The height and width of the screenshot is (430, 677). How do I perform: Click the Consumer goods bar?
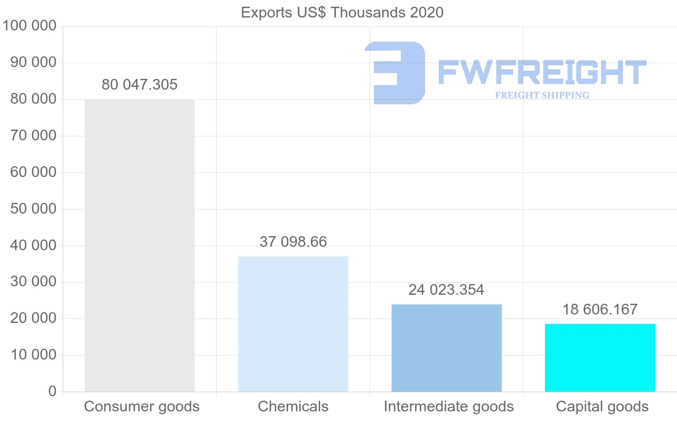[x=139, y=245]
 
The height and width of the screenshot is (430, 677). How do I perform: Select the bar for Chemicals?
[x=293, y=324]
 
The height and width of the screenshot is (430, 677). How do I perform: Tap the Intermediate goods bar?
[x=446, y=348]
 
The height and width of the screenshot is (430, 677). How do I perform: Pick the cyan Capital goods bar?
[x=600, y=357]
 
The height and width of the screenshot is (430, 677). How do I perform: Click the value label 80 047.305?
[x=139, y=85]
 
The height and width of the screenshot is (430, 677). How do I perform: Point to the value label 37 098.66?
[x=293, y=242]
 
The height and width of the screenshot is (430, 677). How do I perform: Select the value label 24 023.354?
[x=446, y=290]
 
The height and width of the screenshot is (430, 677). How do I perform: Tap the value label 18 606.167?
[x=600, y=309]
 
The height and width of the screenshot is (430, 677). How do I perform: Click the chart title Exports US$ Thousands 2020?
[x=342, y=12]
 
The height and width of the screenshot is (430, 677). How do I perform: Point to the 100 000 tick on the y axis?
[x=30, y=26]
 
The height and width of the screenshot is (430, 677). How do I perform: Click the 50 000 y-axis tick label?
[x=33, y=209]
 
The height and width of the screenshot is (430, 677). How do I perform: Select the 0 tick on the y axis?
[x=52, y=392]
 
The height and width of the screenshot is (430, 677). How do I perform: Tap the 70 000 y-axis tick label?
[x=33, y=136]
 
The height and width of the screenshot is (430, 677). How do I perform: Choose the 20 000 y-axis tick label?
[x=33, y=318]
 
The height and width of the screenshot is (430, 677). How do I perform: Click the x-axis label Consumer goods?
[x=142, y=406]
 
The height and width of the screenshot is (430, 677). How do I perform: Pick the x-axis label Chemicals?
[x=293, y=406]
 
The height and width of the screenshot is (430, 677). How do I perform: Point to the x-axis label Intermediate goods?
[x=449, y=406]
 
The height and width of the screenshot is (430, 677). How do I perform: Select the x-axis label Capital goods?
[x=602, y=406]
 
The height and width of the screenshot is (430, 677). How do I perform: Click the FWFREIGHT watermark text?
[x=542, y=72]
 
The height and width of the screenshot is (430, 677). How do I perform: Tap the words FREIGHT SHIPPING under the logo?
[x=542, y=95]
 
